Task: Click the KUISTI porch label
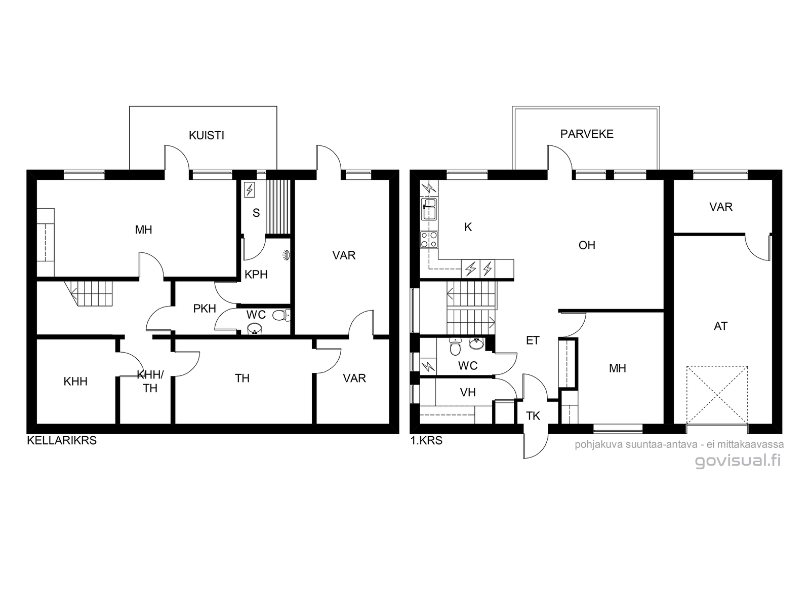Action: (206, 135)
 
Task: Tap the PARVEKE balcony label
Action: (587, 134)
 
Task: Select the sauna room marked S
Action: (256, 213)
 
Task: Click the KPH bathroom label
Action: (256, 274)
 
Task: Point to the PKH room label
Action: (205, 308)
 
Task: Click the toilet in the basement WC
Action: (281, 315)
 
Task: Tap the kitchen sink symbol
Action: (428, 209)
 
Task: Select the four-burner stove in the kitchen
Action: (428, 239)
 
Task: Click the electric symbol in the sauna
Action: (250, 190)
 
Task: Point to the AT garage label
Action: (720, 326)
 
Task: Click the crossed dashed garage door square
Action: (717, 395)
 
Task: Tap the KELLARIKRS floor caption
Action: (62, 440)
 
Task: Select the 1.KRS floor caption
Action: (426, 440)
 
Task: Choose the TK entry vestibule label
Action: (533, 416)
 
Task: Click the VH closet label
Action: (468, 392)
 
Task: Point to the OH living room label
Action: (587, 245)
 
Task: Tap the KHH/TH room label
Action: (150, 382)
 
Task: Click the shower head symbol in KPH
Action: (287, 254)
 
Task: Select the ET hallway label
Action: (533, 340)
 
